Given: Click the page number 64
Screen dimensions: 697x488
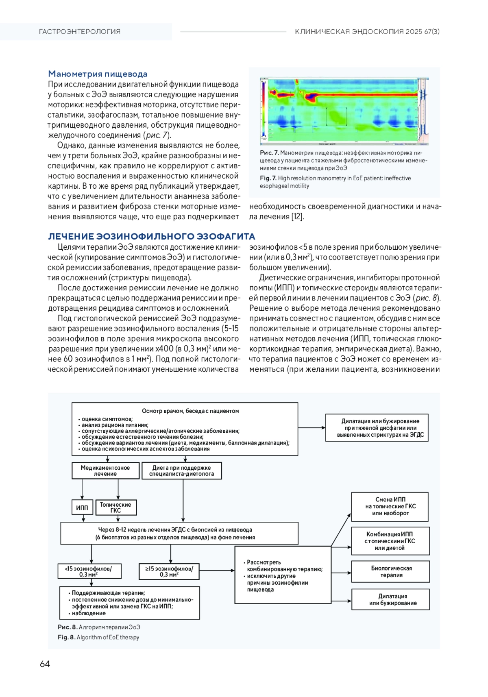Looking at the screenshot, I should (x=45, y=664).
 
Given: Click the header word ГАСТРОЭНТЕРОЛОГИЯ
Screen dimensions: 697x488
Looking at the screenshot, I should (x=80, y=32).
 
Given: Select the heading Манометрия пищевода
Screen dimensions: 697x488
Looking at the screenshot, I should (x=98, y=74).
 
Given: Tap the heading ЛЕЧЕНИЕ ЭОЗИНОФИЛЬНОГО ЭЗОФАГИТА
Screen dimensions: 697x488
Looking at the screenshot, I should (x=152, y=236).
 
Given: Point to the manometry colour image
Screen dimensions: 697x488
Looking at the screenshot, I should (x=344, y=111).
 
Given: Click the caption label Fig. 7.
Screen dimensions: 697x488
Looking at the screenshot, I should (x=268, y=178).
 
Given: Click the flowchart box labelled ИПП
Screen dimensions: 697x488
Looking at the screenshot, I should (x=82, y=508).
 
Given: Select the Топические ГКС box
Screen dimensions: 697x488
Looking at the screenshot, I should (x=116, y=508).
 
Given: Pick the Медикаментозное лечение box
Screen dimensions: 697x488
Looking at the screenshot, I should (x=105, y=471).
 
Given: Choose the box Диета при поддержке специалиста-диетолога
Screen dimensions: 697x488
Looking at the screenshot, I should (x=181, y=471).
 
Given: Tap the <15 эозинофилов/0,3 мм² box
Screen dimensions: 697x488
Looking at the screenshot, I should (x=89, y=571).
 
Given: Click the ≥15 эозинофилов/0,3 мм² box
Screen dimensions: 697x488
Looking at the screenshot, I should (x=169, y=571).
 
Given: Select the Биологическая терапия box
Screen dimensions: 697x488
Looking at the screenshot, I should (x=391, y=571).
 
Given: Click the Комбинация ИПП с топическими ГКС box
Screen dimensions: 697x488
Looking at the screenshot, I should (x=390, y=541).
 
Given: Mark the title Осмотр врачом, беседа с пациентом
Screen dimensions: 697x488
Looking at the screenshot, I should (x=190, y=411).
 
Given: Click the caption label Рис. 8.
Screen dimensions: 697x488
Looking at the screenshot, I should (x=67, y=627).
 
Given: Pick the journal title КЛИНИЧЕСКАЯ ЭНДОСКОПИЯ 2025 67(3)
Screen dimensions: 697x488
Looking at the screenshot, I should (x=367, y=32).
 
